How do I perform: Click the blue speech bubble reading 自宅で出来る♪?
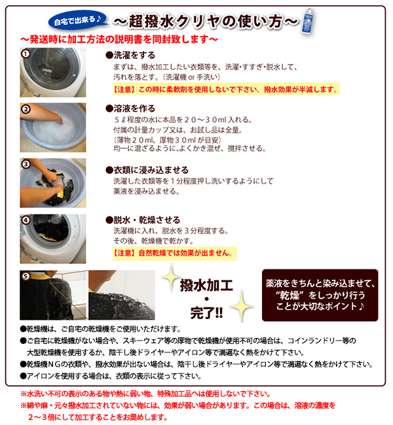[x=78, y=21]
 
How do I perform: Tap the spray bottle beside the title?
[x=307, y=21]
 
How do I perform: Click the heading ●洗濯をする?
[x=130, y=56]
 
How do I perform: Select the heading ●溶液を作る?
[x=130, y=109]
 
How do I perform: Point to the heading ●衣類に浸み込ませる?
[x=147, y=170]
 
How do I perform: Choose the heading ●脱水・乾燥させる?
[x=143, y=220]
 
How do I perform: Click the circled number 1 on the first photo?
[x=26, y=54]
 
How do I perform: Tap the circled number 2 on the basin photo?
[x=26, y=109]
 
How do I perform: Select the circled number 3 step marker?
[x=26, y=164]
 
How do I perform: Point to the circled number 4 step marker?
[x=26, y=220]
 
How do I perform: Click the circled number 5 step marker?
[x=26, y=276]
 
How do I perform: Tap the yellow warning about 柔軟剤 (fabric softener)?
[x=226, y=89]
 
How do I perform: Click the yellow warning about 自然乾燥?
[x=175, y=254]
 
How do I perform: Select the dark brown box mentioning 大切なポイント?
[x=320, y=295]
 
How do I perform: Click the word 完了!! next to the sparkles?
[x=206, y=313]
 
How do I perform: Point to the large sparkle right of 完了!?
[x=242, y=306]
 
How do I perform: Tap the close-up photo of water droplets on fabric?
[x=122, y=295]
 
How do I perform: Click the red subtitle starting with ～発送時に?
[x=119, y=40]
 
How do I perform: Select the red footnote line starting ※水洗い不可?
[x=145, y=394]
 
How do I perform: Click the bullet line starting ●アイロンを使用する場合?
[x=111, y=376]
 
